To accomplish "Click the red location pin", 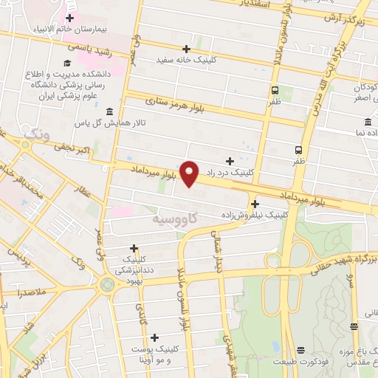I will (190, 173).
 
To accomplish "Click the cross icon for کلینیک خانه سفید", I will (186, 49).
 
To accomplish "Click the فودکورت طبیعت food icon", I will (300, 351).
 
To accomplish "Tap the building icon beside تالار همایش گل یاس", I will (109, 111).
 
